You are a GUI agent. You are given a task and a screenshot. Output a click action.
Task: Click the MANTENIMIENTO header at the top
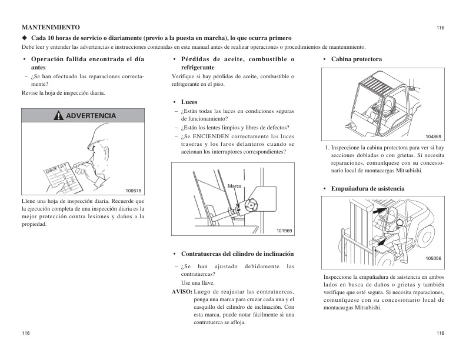[51, 28]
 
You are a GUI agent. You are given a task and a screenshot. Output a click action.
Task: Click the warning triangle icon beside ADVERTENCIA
[58, 116]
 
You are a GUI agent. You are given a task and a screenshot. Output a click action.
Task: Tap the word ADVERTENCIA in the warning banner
[91, 116]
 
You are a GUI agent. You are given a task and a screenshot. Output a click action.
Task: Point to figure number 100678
[134, 191]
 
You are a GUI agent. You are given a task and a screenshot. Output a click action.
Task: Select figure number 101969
[284, 230]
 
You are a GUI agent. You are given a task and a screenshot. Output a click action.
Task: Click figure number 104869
[433, 136]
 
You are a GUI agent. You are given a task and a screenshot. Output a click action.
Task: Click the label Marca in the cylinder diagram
[235, 186]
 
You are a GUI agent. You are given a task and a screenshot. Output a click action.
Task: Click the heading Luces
[189, 102]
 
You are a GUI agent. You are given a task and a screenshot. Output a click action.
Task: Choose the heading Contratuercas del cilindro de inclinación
[238, 254]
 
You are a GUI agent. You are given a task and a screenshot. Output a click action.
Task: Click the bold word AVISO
[182, 292]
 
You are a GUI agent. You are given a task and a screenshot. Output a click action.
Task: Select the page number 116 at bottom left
[26, 334]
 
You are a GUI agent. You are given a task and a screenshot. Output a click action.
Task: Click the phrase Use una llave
[198, 283]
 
